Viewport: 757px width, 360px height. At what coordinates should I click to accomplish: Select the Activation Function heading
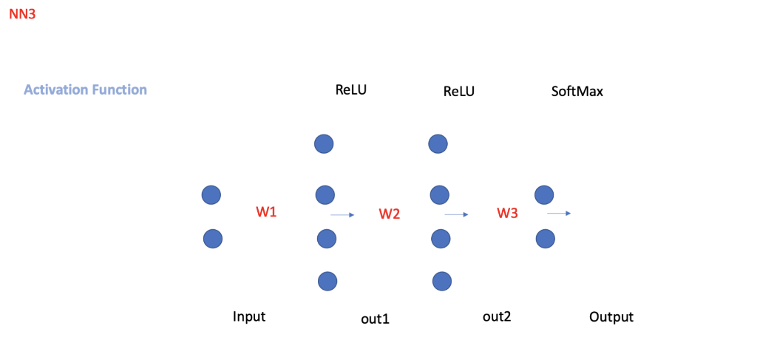point(85,89)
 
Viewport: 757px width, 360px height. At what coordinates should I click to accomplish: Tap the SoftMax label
point(577,92)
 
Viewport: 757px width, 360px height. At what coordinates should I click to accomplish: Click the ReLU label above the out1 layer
point(351,90)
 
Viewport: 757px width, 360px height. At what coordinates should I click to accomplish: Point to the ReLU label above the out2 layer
point(459,92)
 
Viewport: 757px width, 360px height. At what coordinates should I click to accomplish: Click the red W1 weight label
point(266,212)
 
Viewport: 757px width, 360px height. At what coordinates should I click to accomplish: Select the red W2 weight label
point(390,214)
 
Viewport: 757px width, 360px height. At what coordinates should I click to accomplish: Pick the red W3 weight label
point(507,214)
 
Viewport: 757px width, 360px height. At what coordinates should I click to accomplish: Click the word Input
point(249,316)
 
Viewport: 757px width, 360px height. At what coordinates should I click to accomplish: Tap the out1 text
point(375,319)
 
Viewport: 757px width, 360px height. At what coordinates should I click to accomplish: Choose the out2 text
point(497,316)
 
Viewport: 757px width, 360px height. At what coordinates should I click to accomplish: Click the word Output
point(611,317)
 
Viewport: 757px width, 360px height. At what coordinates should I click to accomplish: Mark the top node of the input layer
point(211,195)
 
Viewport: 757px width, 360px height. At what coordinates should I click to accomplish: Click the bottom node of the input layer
point(213,239)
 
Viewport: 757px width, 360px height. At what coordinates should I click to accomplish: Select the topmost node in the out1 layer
point(324,143)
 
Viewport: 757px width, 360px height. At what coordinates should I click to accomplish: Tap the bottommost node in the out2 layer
point(442,281)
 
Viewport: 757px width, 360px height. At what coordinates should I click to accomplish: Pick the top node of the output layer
point(544,194)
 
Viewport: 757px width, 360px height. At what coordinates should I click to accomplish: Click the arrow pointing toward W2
point(342,214)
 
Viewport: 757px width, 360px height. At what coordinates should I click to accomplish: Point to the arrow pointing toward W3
point(456,214)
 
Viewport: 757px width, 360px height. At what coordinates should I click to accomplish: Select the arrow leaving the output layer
point(559,213)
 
